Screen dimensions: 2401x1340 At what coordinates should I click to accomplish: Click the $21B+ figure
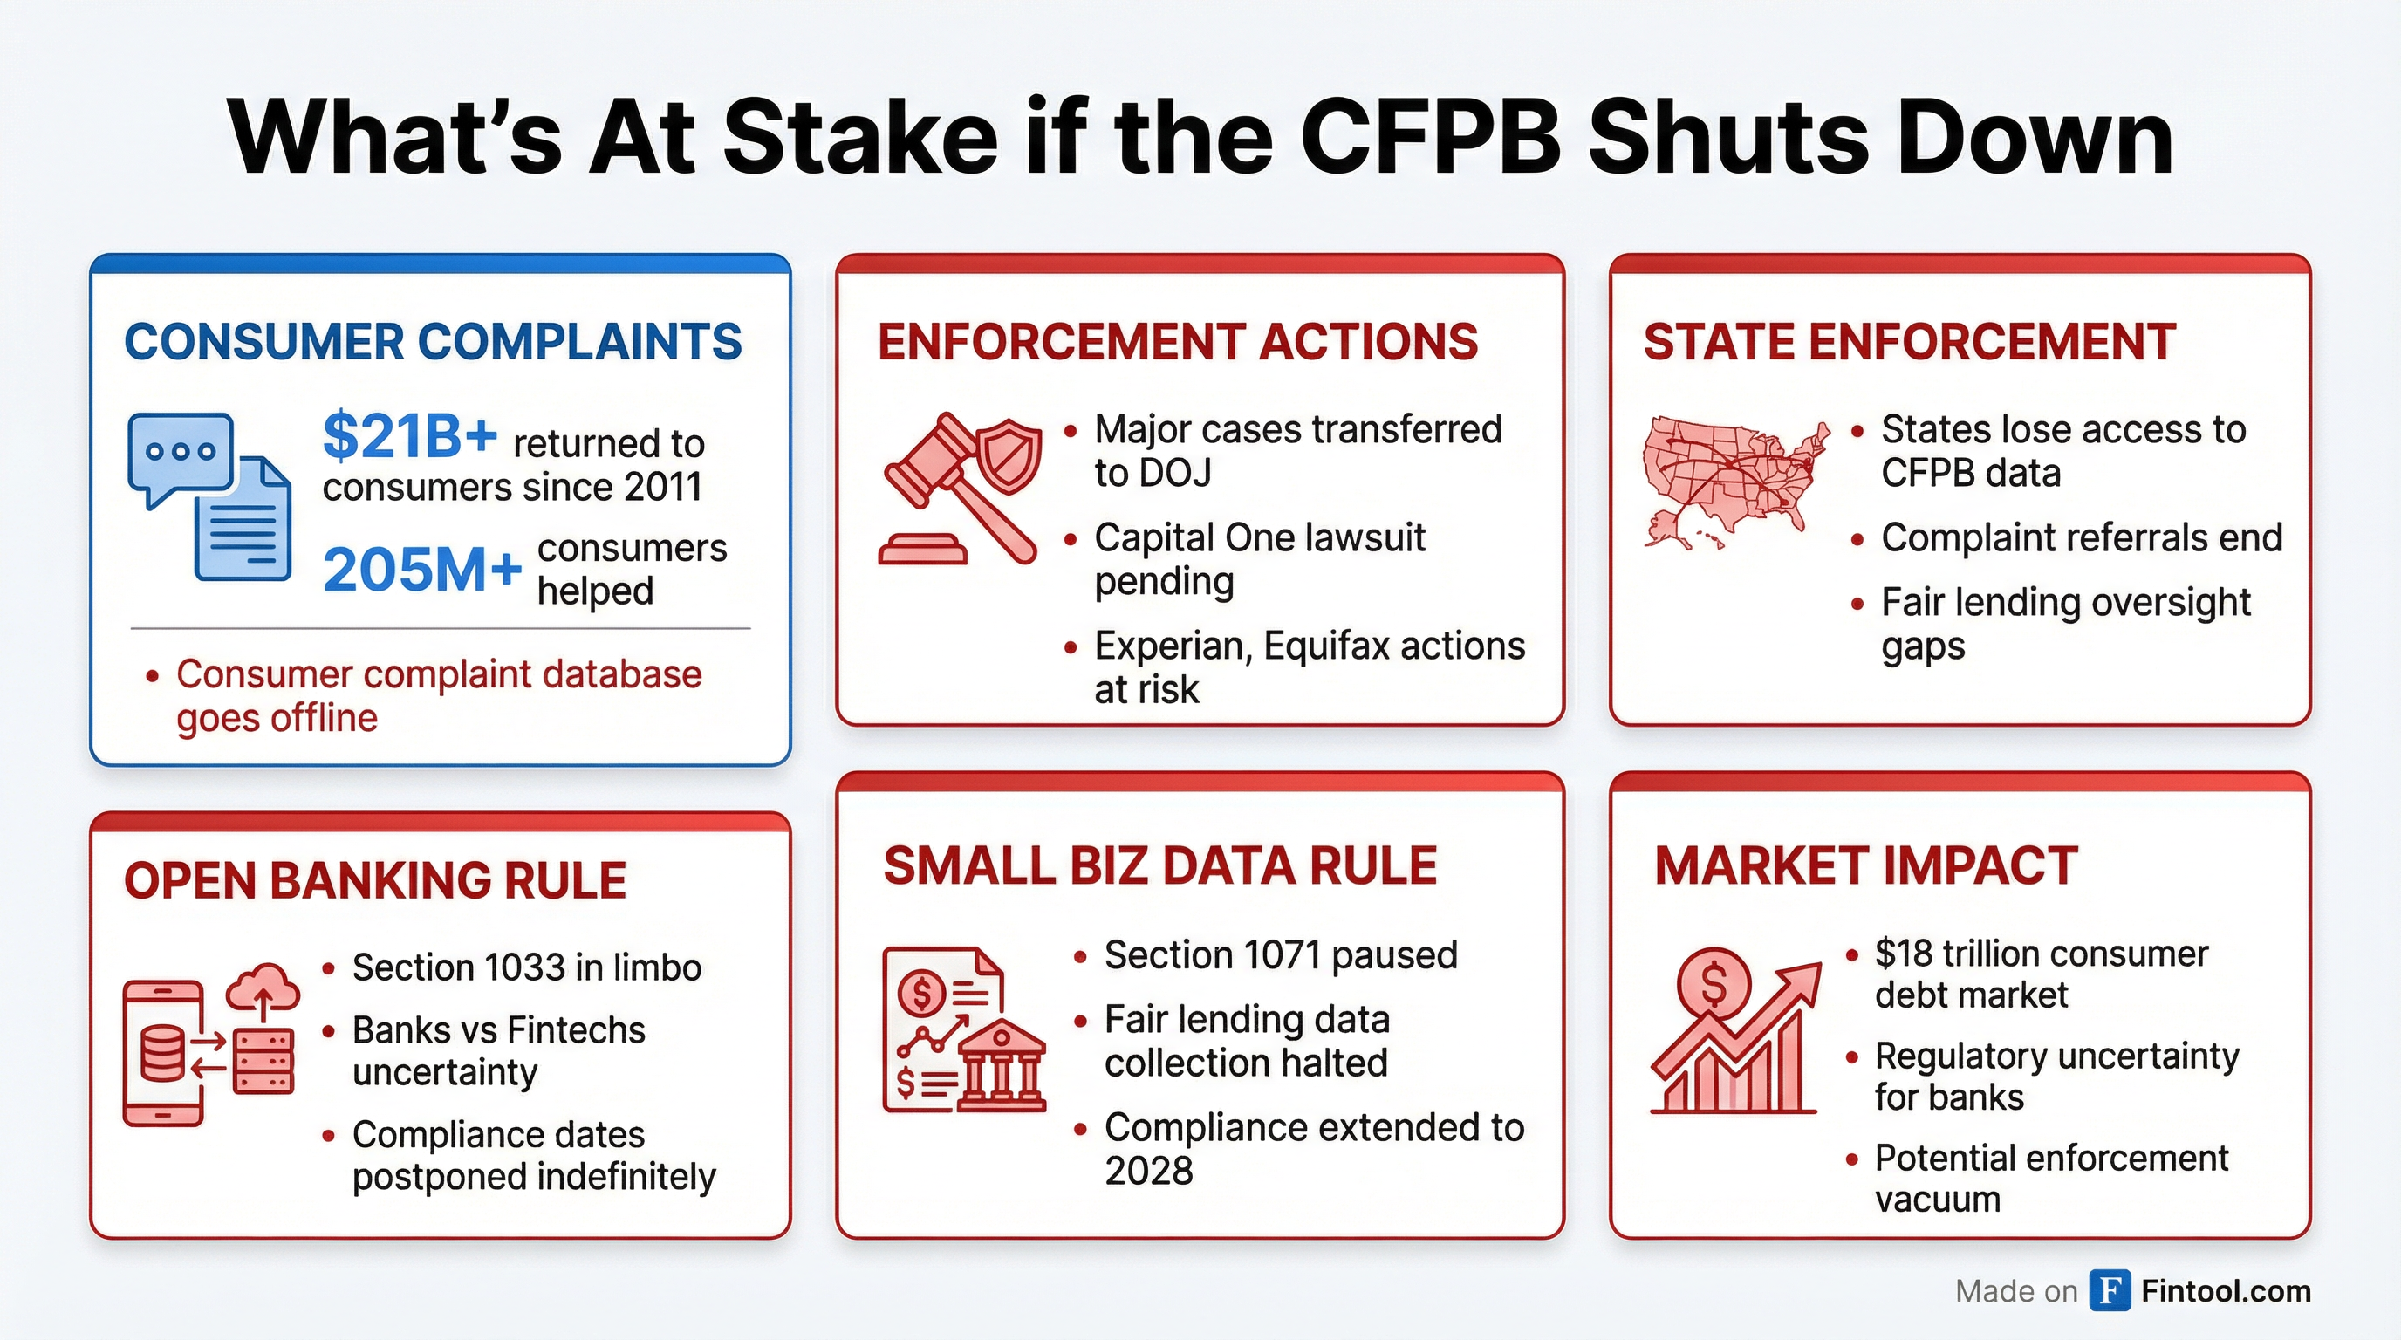tap(410, 435)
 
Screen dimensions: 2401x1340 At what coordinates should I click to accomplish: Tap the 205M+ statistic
tap(422, 570)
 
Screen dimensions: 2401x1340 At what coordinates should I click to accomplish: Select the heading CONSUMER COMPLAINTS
tap(434, 341)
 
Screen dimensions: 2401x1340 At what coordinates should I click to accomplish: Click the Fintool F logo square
tap(2110, 1290)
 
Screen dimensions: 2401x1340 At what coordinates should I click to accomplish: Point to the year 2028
tap(1148, 1172)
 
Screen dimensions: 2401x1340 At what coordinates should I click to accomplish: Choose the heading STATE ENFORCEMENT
tap(1910, 341)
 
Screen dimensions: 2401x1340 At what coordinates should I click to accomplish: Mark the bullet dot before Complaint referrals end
tap(1857, 539)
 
